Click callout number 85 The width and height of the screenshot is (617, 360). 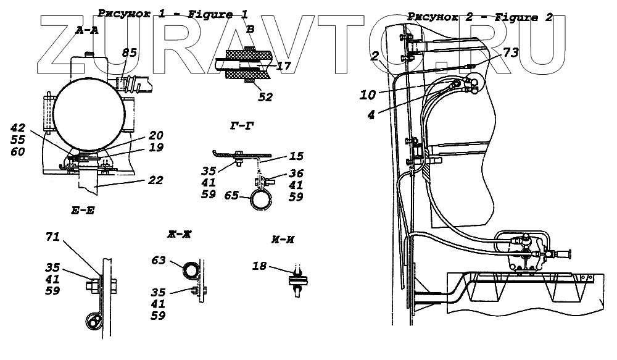[129, 54]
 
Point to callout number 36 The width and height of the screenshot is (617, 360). [297, 174]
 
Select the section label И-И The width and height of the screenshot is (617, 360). [281, 240]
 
